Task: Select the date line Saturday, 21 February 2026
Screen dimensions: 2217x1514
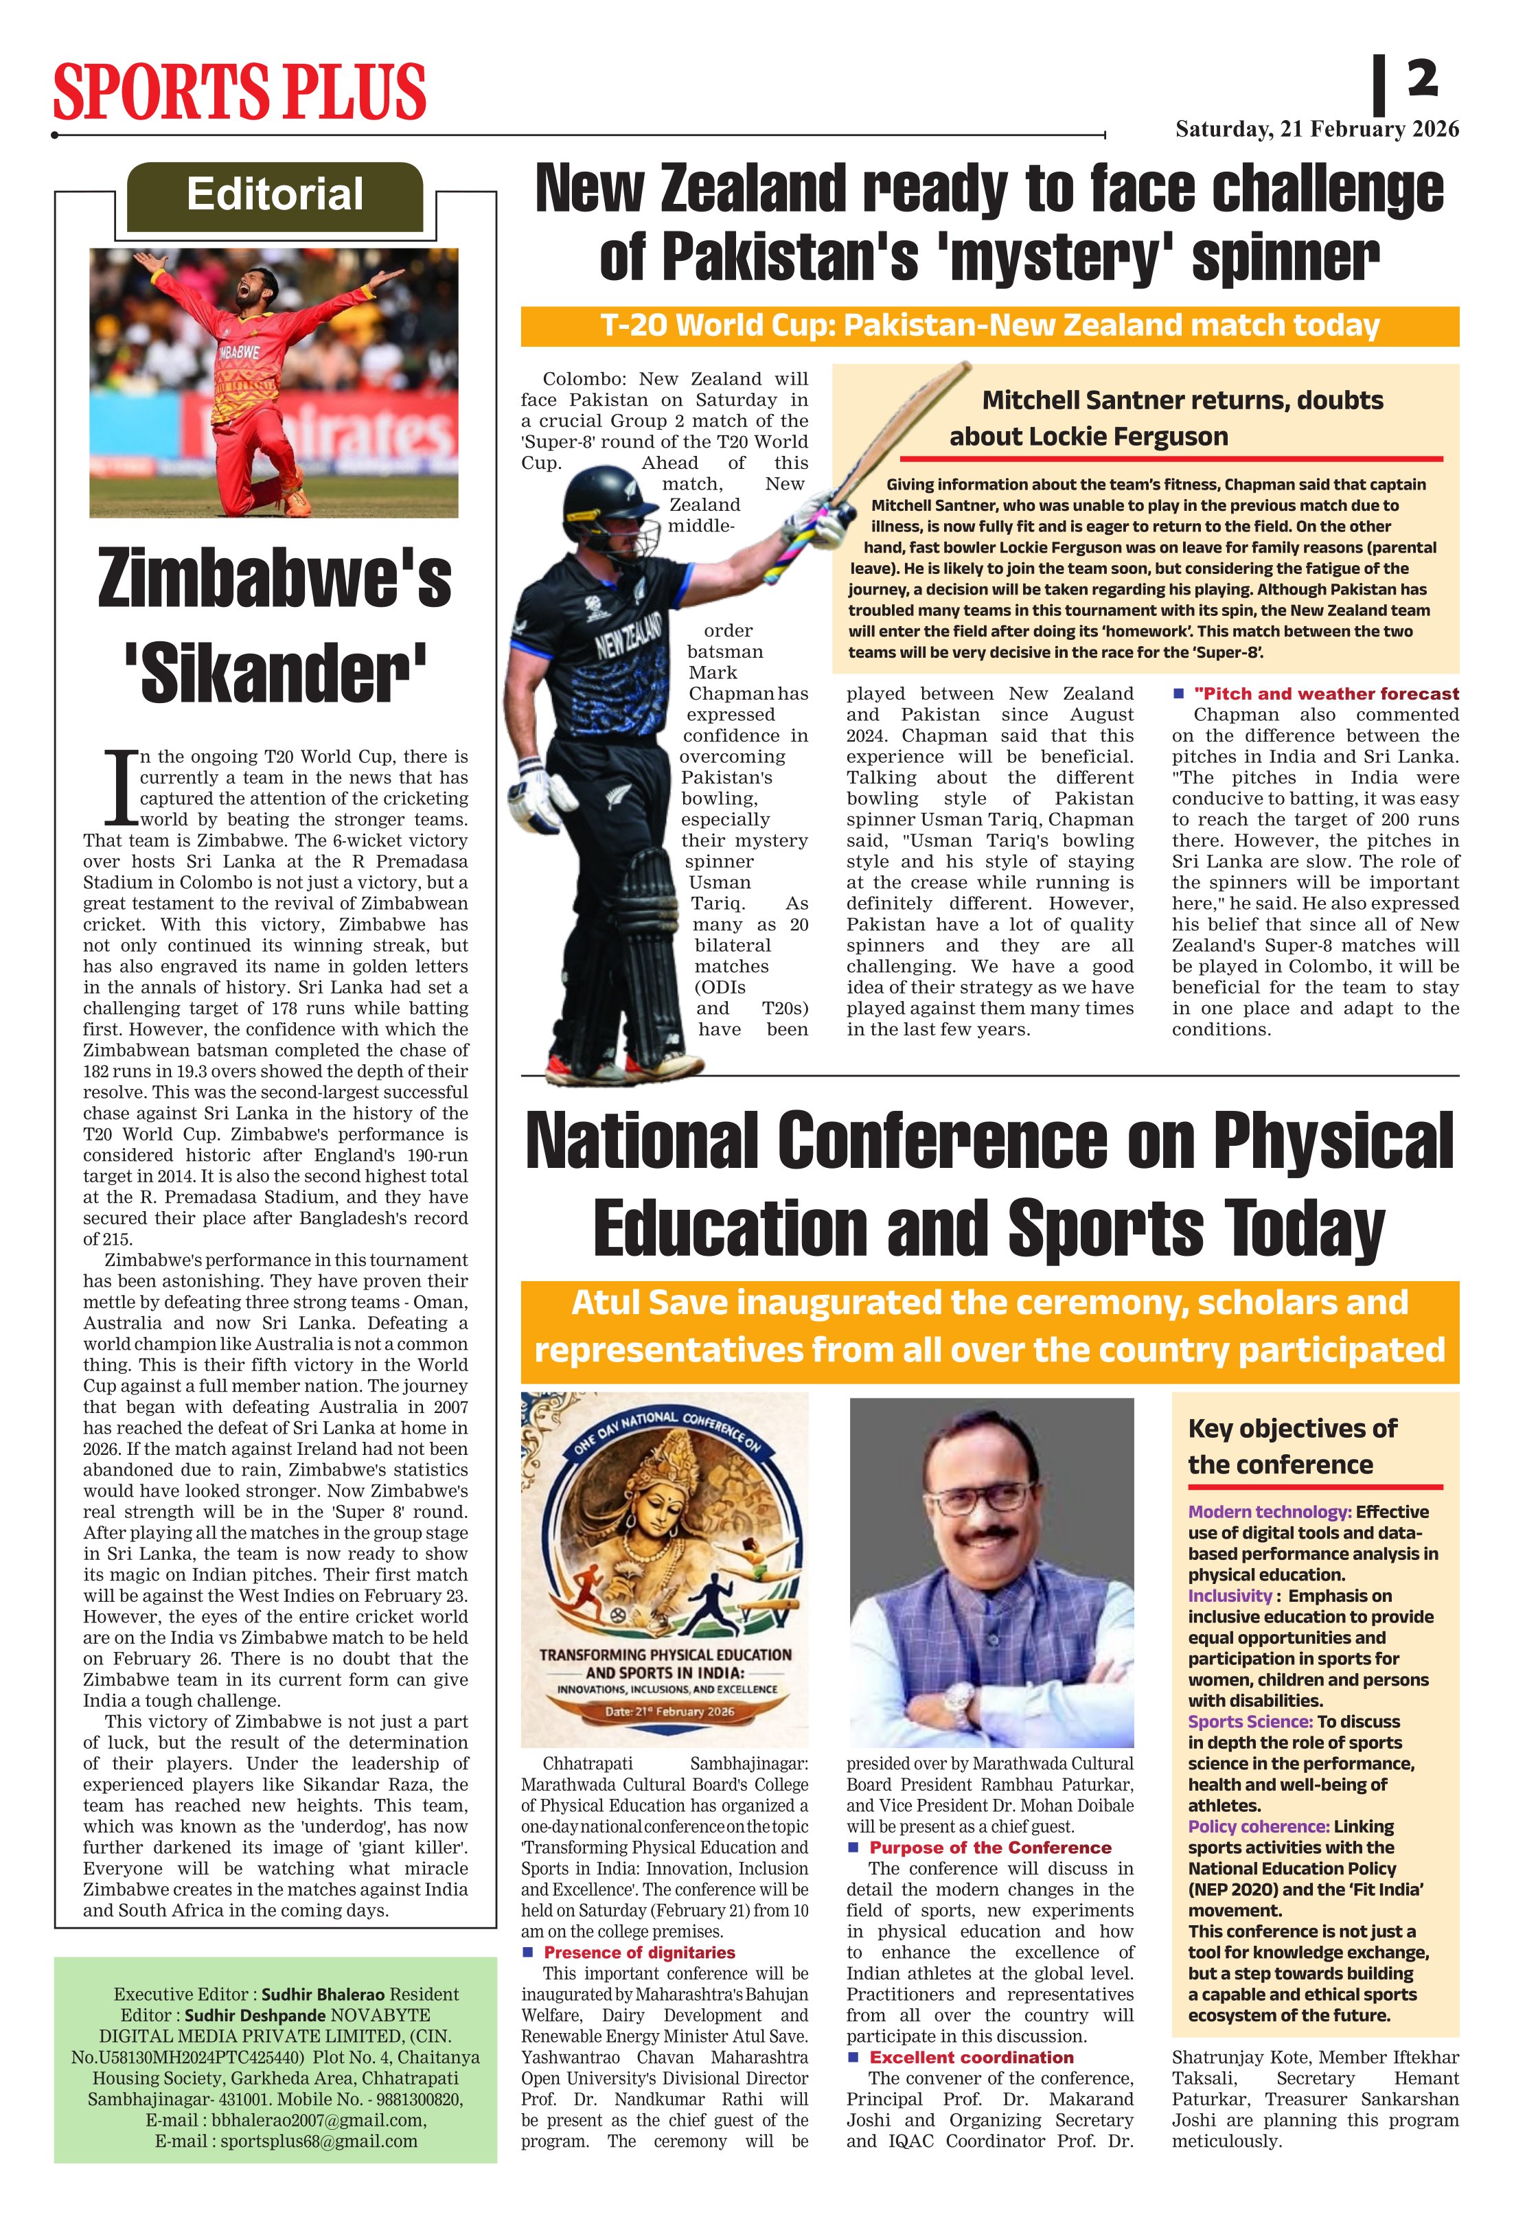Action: point(1316,129)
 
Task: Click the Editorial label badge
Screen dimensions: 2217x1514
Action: point(275,194)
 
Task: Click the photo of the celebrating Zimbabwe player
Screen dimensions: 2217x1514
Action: point(274,382)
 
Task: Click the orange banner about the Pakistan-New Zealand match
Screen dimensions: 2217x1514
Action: point(989,326)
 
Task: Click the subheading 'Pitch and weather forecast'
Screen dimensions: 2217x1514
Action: point(1326,693)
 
